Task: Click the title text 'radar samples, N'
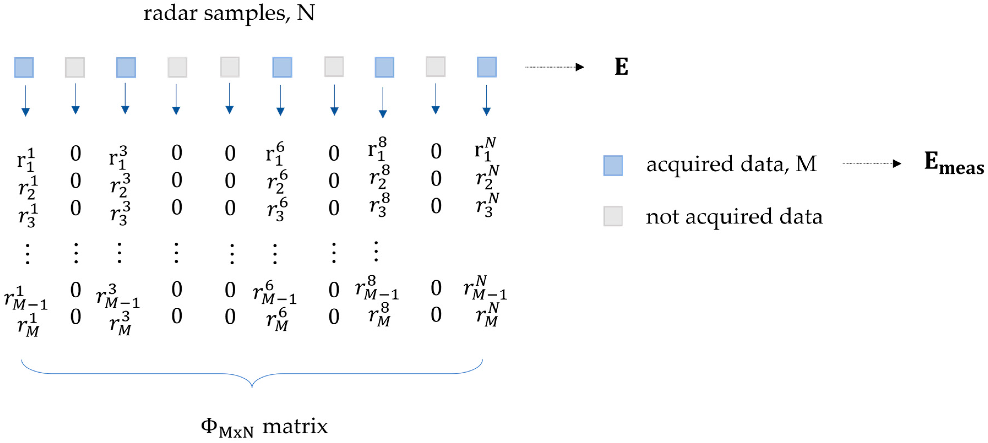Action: pyautogui.click(x=229, y=13)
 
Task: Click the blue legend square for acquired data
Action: pyautogui.click(x=613, y=166)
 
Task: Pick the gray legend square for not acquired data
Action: pyautogui.click(x=613, y=216)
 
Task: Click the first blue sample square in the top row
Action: pyautogui.click(x=24, y=67)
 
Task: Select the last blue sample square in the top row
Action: pyautogui.click(x=486, y=67)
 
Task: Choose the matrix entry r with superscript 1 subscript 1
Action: pyautogui.click(x=26, y=160)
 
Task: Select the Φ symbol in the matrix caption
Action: pyautogui.click(x=209, y=425)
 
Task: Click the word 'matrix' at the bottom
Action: pyautogui.click(x=295, y=426)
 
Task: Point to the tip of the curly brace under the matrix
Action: pyautogui.click(x=252, y=385)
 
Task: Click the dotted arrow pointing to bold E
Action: pyautogui.click(x=554, y=67)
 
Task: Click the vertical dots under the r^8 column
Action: pyautogui.click(x=376, y=251)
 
